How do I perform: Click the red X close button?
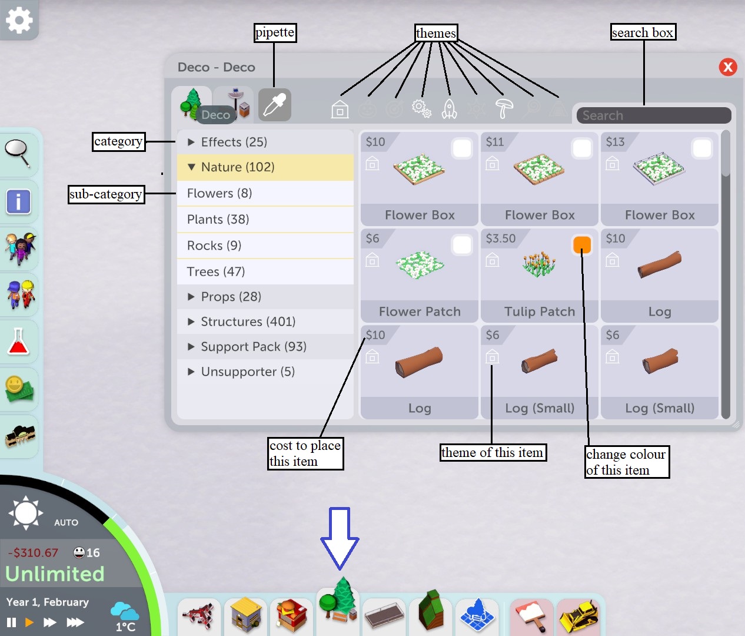(x=728, y=67)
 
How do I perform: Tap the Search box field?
(x=653, y=115)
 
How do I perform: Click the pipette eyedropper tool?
(x=274, y=105)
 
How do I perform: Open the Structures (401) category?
(x=248, y=322)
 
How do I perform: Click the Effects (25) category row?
(x=234, y=142)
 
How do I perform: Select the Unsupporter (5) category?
(x=247, y=372)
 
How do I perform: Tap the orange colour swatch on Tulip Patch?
(x=581, y=245)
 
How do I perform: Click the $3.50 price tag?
(x=501, y=238)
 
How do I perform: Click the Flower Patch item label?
(x=420, y=312)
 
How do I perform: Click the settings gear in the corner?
(x=19, y=20)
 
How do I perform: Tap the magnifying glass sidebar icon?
(x=18, y=153)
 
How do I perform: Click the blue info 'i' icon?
(x=18, y=201)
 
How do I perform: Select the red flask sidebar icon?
(x=18, y=342)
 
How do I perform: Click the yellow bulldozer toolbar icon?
(x=578, y=617)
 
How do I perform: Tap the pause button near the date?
(x=11, y=622)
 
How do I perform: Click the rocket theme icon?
(x=449, y=109)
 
